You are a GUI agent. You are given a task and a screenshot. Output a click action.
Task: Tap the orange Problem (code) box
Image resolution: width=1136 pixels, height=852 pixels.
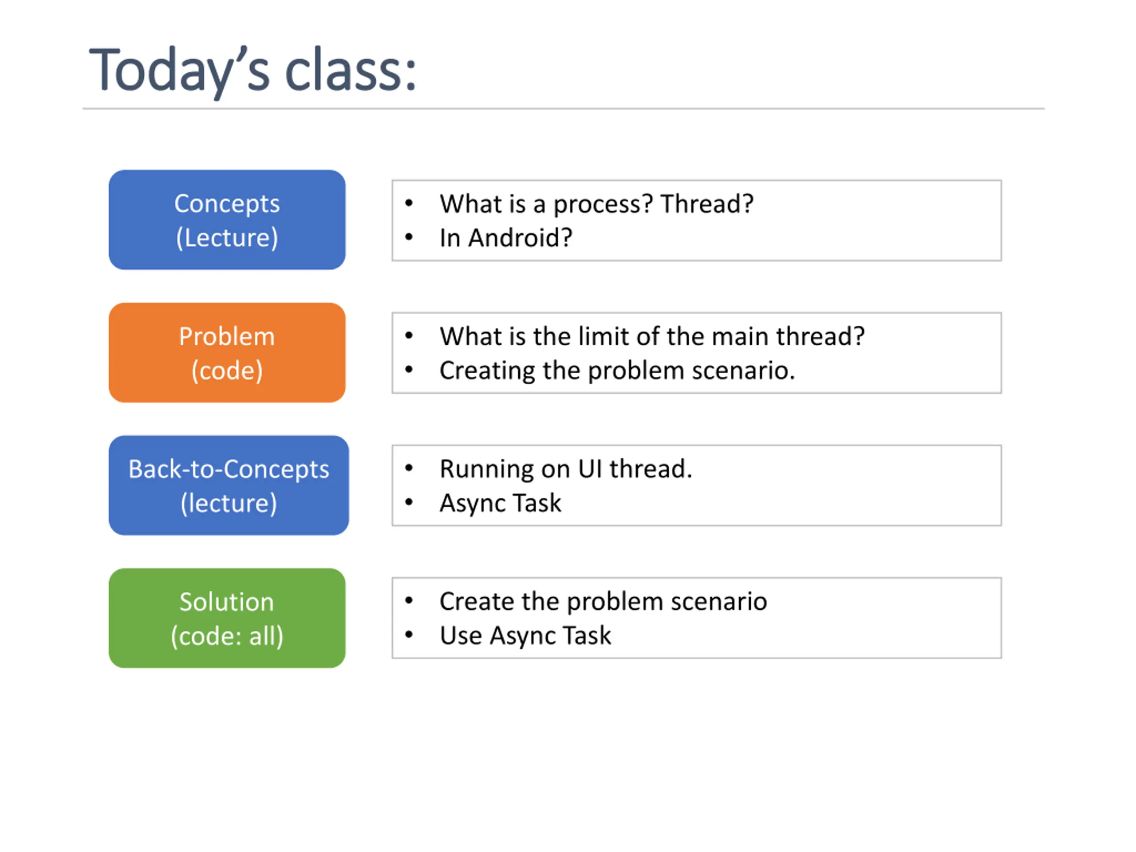tap(227, 352)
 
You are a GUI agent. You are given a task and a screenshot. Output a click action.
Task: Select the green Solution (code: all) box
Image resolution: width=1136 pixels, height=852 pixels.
tap(227, 618)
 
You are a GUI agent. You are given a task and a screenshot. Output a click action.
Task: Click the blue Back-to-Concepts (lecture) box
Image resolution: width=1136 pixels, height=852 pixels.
tap(229, 485)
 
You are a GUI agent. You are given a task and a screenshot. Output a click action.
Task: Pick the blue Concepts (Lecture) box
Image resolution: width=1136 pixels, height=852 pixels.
tap(227, 220)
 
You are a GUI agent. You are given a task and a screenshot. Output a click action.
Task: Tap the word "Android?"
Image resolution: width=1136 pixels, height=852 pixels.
tap(520, 238)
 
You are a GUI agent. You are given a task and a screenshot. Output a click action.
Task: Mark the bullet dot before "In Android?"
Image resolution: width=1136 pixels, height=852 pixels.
tap(409, 237)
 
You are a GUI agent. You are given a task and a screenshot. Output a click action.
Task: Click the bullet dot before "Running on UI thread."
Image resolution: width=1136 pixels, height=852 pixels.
tap(409, 467)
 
